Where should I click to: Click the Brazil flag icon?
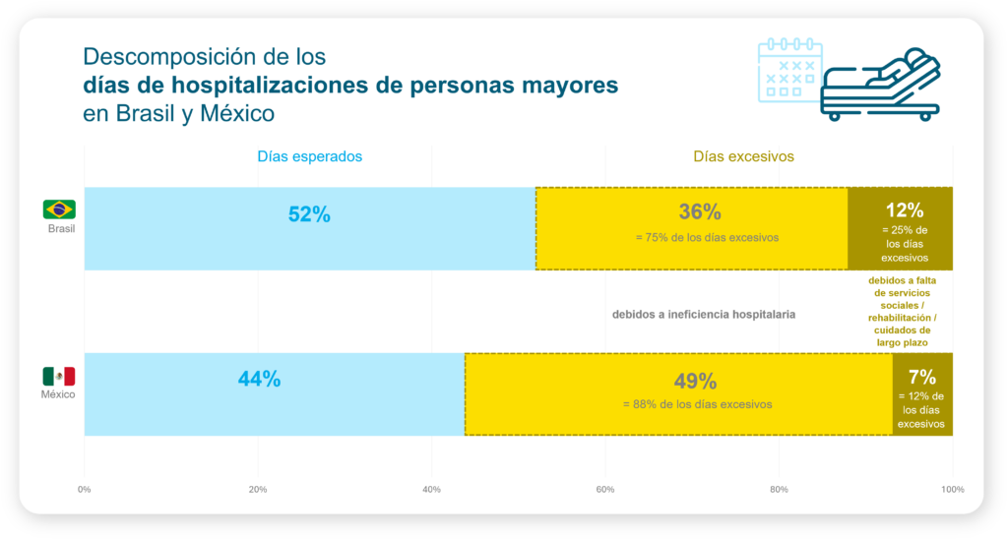pos(59,209)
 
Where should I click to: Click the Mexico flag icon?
pos(59,376)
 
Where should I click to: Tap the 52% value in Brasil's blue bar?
pos(309,214)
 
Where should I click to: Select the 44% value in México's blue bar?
pos(259,380)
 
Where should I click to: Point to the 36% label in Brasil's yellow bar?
pos(700,212)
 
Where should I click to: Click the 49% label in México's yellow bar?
pos(695,382)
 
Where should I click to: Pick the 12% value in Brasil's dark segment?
pos(904,210)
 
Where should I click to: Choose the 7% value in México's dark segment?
pos(921,376)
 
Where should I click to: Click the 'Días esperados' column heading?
pos(309,156)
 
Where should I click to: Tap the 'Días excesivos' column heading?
pos(743,156)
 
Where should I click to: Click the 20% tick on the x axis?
pos(258,489)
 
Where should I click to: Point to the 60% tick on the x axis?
pos(605,489)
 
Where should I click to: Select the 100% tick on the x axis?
pos(952,489)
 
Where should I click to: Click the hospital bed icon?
pos(878,85)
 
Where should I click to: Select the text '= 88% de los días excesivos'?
pos(695,404)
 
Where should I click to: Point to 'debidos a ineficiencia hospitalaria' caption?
pos(703,315)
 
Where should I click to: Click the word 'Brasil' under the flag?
pos(61,229)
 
